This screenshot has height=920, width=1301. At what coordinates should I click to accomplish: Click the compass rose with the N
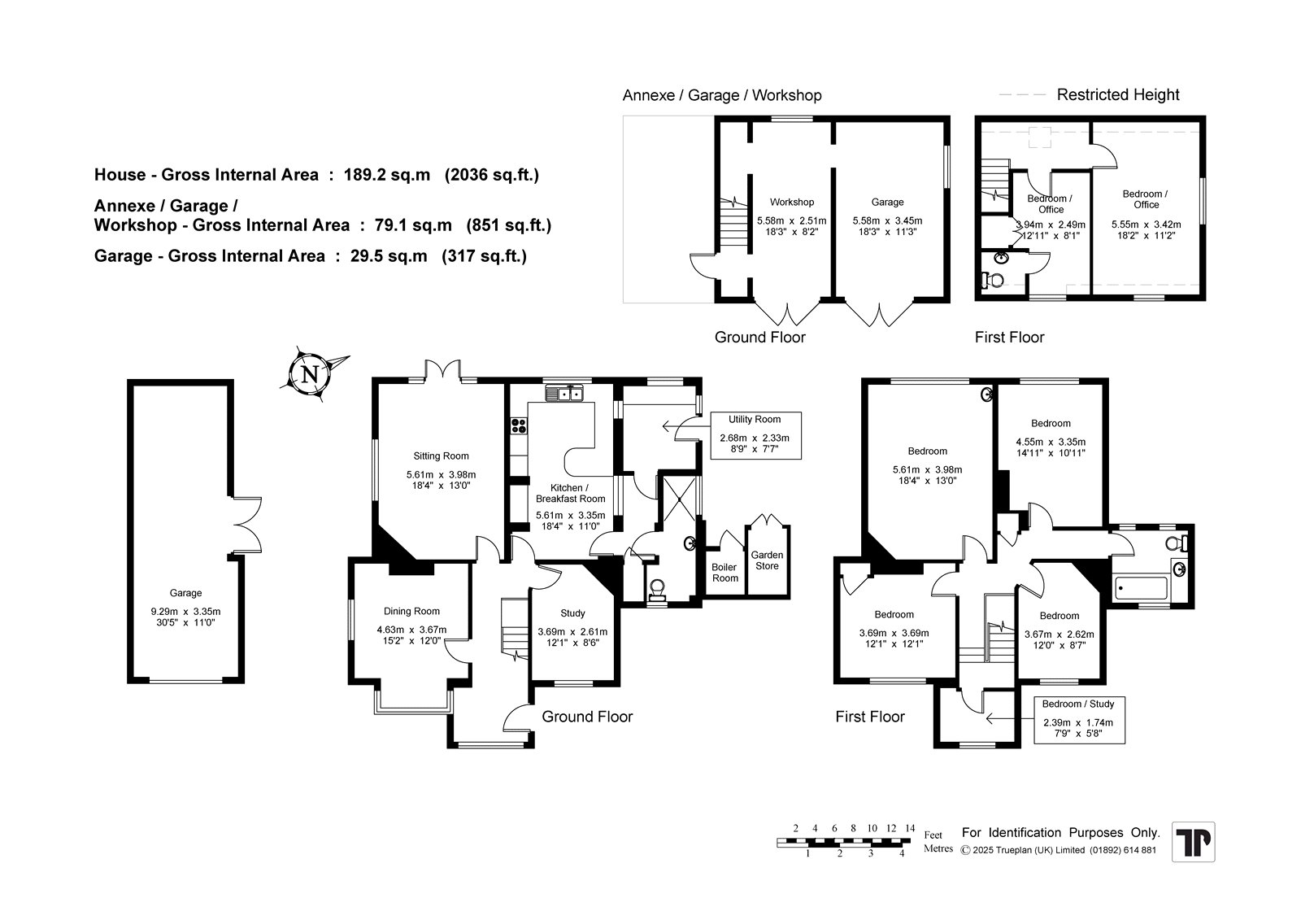pyautogui.click(x=311, y=373)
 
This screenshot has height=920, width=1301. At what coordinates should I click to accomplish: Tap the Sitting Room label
pyautogui.click(x=441, y=456)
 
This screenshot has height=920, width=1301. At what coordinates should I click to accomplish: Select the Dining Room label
pyautogui.click(x=411, y=612)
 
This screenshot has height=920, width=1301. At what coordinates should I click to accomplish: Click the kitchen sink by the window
pyautogui.click(x=564, y=394)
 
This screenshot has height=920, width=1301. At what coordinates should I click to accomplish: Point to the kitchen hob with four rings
pyautogui.click(x=519, y=425)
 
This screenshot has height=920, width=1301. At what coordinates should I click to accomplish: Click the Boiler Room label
pyautogui.click(x=724, y=573)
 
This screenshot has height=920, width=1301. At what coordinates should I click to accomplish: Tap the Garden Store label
pyautogui.click(x=767, y=560)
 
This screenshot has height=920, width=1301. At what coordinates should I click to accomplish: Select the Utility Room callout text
pyautogui.click(x=755, y=420)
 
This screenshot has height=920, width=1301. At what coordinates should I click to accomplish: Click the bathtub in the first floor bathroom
pyautogui.click(x=1141, y=588)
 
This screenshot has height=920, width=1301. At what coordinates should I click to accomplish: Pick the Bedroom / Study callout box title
pyautogui.click(x=1078, y=704)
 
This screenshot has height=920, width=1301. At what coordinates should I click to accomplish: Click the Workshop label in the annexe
pyautogui.click(x=792, y=203)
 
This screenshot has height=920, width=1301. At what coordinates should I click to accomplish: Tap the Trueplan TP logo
pyautogui.click(x=1193, y=842)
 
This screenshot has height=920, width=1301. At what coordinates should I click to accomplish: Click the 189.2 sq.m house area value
pyautogui.click(x=387, y=175)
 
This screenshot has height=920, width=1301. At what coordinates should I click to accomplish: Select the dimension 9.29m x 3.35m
pyautogui.click(x=186, y=612)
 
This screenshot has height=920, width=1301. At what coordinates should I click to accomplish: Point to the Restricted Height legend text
pyautogui.click(x=1117, y=94)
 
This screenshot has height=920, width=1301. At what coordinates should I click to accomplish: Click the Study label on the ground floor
pyautogui.click(x=572, y=613)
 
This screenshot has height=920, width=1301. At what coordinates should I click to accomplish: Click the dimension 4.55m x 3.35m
pyautogui.click(x=1051, y=442)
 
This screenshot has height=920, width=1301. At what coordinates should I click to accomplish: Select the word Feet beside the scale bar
pyautogui.click(x=933, y=835)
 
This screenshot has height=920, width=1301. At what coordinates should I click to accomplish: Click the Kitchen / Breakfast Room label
pyautogui.click(x=570, y=494)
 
